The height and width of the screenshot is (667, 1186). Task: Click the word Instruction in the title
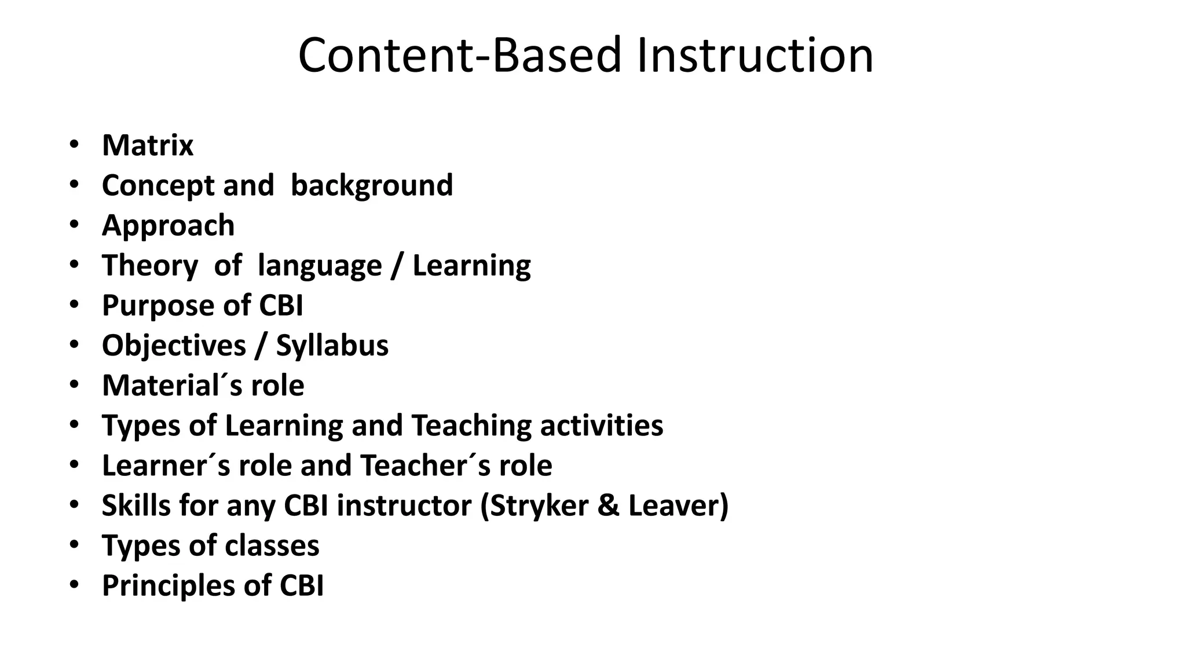coord(755,56)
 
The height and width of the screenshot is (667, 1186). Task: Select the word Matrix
coord(148,145)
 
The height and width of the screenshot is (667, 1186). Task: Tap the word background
coord(372,185)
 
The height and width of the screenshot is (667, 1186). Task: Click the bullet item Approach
coord(168,225)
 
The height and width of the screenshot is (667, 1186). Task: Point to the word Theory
coord(150,265)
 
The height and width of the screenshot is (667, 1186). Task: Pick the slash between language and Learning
coord(397,266)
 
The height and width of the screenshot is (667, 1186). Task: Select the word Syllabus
coord(332,346)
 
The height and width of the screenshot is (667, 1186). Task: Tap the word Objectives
coord(174,346)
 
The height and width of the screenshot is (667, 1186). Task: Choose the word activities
coord(602,426)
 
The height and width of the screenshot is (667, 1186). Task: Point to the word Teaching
coord(471,426)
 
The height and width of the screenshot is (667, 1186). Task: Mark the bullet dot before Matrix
coord(74,145)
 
